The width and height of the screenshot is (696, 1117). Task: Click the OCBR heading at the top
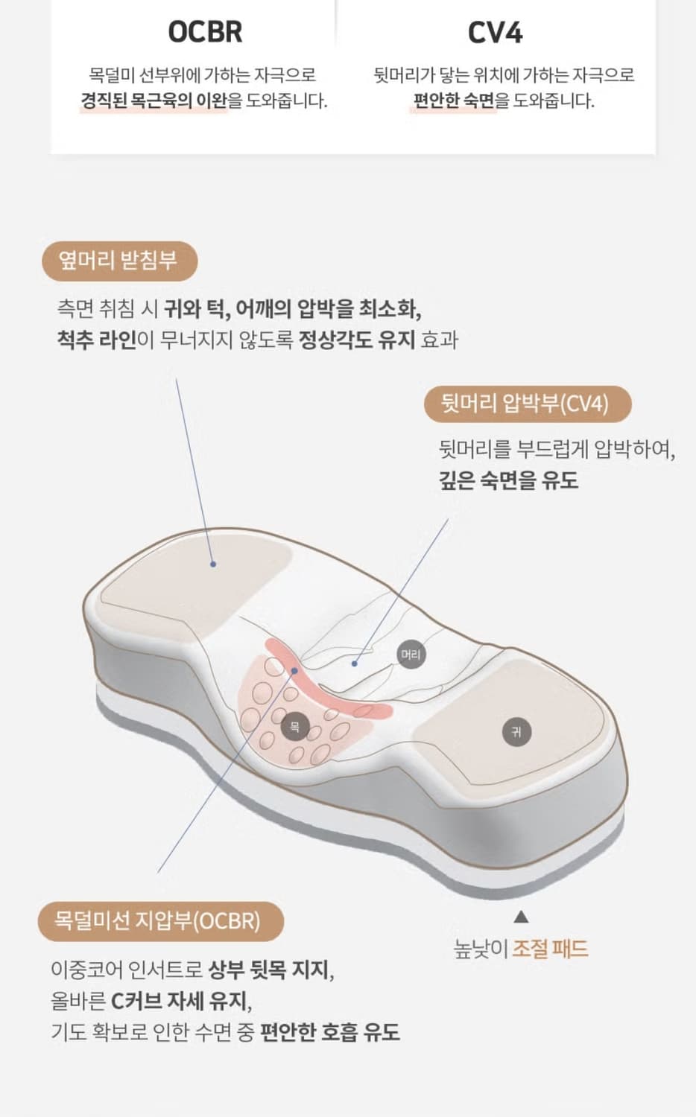click(205, 32)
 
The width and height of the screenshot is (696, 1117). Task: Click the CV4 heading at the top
click(495, 33)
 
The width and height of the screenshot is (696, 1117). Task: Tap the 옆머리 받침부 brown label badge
click(119, 261)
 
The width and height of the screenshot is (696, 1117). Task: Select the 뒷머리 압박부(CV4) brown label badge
click(526, 404)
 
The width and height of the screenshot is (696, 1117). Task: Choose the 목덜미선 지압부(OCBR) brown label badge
click(159, 921)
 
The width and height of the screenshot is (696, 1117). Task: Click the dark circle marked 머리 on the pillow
click(411, 655)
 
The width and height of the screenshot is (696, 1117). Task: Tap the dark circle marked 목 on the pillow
click(294, 726)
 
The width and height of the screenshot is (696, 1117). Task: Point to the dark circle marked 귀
click(516, 731)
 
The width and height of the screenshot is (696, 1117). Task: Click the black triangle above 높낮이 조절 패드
click(521, 917)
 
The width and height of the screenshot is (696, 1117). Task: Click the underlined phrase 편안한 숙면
click(454, 101)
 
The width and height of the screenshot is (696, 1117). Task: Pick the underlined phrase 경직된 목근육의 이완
click(154, 101)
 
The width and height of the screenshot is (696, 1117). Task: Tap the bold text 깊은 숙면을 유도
click(508, 480)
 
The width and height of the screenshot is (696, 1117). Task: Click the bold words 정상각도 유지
click(356, 340)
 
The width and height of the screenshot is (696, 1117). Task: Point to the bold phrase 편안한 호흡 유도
click(329, 1032)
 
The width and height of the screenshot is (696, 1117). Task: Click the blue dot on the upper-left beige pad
click(213, 564)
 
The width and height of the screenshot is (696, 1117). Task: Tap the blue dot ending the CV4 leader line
click(355, 663)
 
